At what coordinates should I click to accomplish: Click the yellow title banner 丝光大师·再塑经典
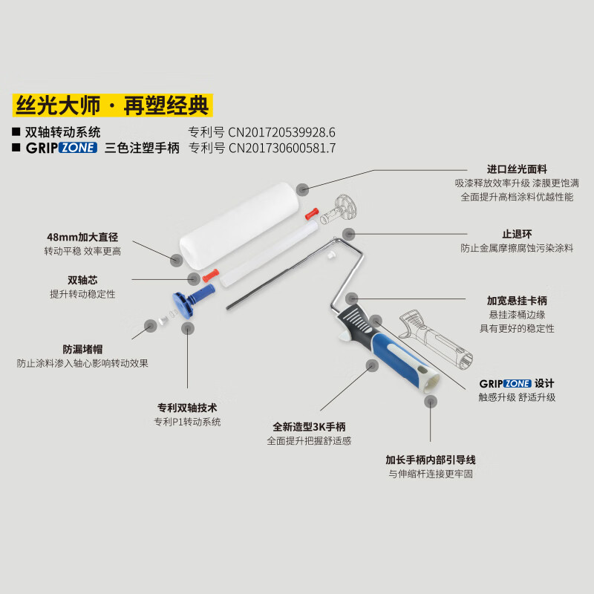click(112, 105)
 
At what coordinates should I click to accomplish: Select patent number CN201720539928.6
click(281, 132)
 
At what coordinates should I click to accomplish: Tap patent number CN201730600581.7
click(281, 148)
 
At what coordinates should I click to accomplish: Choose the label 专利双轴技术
click(186, 408)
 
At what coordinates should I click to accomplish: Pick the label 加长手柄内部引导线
click(431, 460)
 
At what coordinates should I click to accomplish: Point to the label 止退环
click(517, 234)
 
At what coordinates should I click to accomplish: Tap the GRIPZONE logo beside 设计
click(505, 383)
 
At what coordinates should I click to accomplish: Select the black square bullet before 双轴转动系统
click(16, 132)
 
